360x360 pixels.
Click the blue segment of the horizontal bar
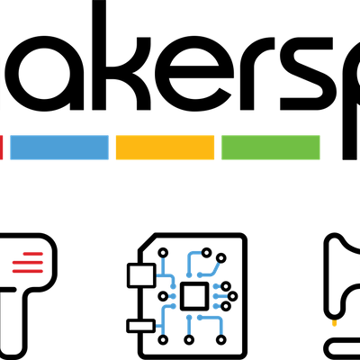click(59, 148)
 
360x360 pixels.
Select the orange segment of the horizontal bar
click(165, 148)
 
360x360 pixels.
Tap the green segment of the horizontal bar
click(270, 148)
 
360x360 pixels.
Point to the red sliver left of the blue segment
click(2, 148)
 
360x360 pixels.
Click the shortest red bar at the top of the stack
click(32, 252)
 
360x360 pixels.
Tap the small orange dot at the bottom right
click(334, 322)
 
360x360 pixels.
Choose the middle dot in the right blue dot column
click(216, 295)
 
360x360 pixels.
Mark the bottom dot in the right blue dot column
click(216, 306)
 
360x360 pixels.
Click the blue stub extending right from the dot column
click(223, 295)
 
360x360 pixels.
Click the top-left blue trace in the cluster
click(163, 270)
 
